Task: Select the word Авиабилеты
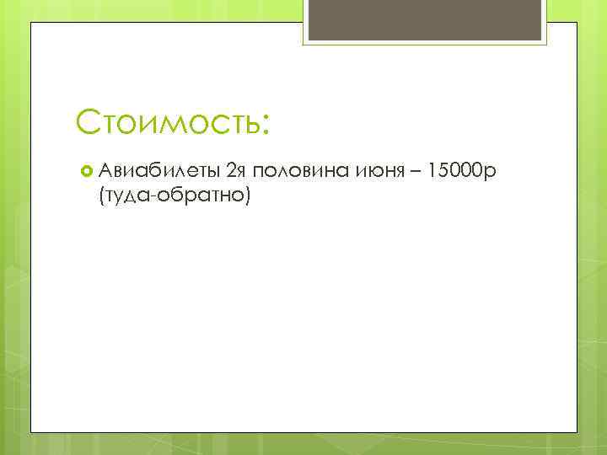click(159, 173)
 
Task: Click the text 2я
click(236, 173)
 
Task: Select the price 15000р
click(465, 173)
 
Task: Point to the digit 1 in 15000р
click(433, 173)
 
